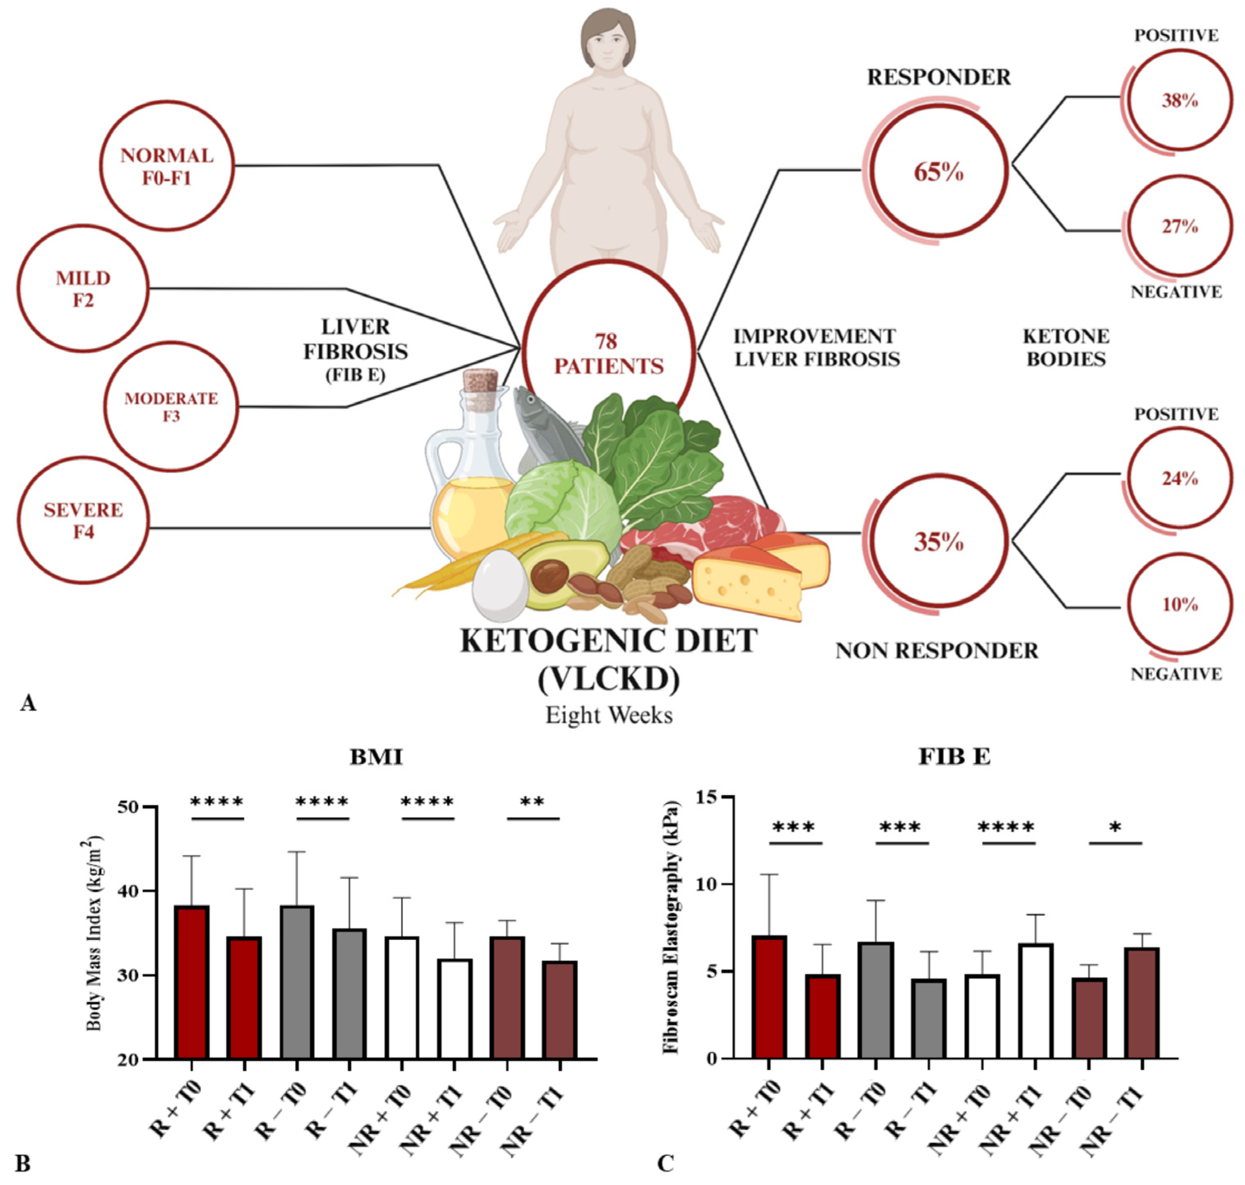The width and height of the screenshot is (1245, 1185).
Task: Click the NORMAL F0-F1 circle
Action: [167, 166]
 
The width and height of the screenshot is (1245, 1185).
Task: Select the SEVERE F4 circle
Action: [83, 520]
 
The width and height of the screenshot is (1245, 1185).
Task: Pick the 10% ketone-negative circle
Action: [1179, 605]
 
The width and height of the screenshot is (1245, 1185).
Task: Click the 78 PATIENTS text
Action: [608, 354]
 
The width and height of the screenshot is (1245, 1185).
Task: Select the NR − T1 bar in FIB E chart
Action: [1142, 1003]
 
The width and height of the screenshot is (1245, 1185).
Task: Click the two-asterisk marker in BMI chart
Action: [532, 802]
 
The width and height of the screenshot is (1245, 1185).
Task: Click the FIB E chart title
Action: [954, 756]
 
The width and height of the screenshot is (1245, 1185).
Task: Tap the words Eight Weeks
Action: [609, 715]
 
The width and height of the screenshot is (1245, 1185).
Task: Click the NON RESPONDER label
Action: [937, 651]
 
